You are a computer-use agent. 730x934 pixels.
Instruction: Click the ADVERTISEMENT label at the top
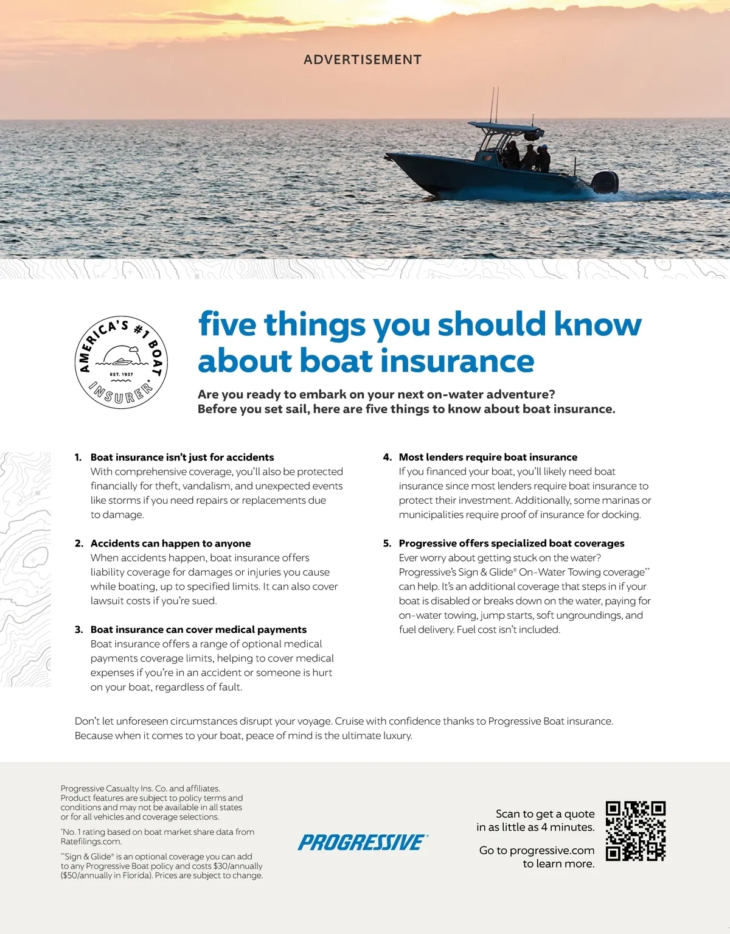[x=363, y=60]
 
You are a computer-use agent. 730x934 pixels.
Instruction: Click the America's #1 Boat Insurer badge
[x=121, y=362]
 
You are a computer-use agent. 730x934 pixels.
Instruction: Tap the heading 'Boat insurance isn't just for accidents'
[x=182, y=457]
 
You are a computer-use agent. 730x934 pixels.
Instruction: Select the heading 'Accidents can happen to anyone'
[x=170, y=543]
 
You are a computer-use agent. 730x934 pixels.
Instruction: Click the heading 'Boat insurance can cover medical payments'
[x=198, y=629]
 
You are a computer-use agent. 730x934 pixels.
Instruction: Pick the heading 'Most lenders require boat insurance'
[x=488, y=457]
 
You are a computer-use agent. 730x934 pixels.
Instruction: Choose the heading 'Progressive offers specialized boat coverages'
[x=512, y=543]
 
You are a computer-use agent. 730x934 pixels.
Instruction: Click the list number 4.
[x=387, y=457]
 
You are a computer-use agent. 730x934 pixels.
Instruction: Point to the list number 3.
[x=78, y=629]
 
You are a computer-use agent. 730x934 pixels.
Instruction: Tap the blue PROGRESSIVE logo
[x=363, y=842]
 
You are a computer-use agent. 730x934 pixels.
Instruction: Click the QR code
[x=636, y=831]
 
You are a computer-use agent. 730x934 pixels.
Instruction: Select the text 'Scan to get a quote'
[x=545, y=814]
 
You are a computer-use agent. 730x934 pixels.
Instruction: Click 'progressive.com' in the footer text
[x=552, y=850]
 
